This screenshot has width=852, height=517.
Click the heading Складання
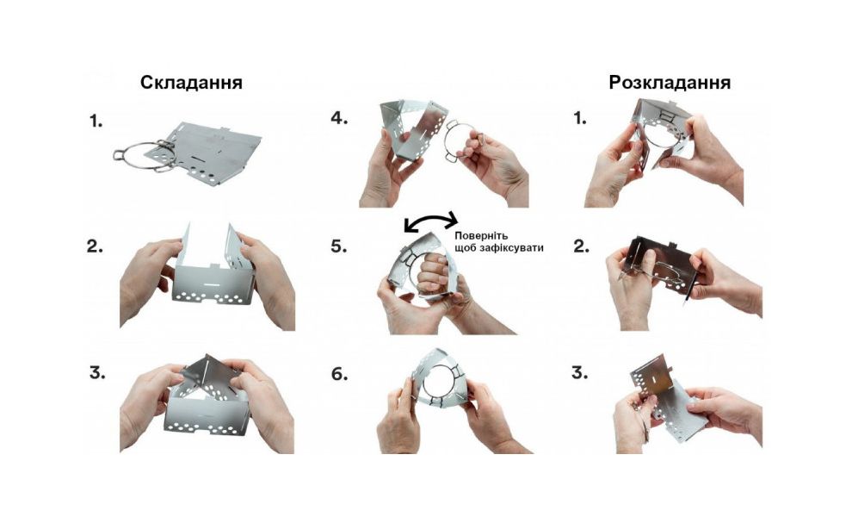pos(191,83)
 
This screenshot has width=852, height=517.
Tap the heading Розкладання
pos(670,83)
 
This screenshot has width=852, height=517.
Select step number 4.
pos(339,118)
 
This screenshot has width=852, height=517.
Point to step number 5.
pos(339,246)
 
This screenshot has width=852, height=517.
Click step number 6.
pos(339,374)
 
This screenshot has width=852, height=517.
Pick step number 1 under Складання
pos(95,121)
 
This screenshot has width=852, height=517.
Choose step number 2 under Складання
pos(96,246)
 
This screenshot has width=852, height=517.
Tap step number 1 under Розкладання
pos(579,118)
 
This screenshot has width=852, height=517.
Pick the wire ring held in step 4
pos(463,145)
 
